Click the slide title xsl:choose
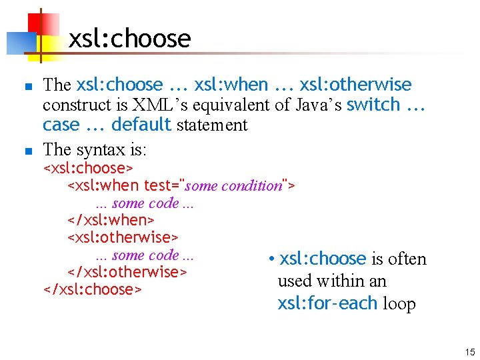(129, 39)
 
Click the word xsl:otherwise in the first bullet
(355, 85)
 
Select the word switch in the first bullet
(373, 105)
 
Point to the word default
(141, 125)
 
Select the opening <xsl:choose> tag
(88, 168)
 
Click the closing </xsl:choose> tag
(92, 289)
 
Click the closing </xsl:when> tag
(111, 220)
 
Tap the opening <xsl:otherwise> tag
(123, 237)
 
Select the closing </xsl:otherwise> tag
(127, 272)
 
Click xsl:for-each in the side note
(327, 303)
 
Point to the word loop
(399, 303)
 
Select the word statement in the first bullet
(211, 125)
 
